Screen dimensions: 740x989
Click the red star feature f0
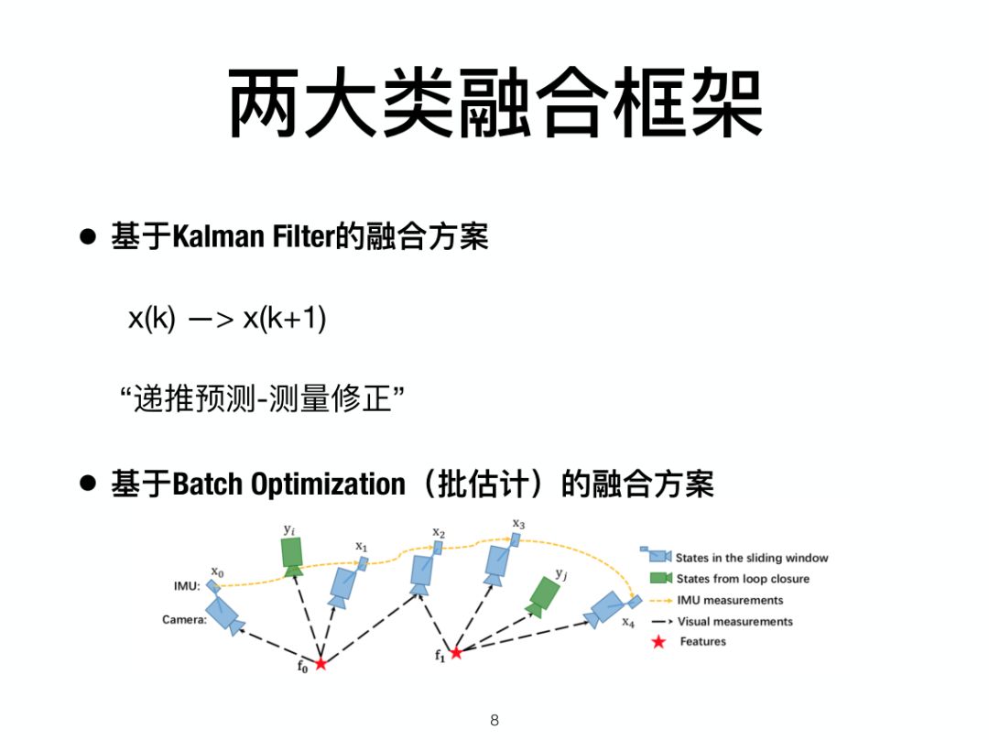321,663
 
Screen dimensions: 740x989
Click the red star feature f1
456,652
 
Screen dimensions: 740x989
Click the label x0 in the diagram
217,571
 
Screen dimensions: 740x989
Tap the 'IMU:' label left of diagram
187,586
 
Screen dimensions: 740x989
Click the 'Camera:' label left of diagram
184,620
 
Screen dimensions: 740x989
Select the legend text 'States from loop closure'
743,579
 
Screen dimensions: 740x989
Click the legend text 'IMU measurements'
730,600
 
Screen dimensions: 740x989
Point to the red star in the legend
658,642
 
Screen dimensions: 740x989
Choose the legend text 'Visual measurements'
734,621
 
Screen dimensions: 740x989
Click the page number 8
494,720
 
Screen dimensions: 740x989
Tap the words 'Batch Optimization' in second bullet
288,484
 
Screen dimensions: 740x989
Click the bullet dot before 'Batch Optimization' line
88,484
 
